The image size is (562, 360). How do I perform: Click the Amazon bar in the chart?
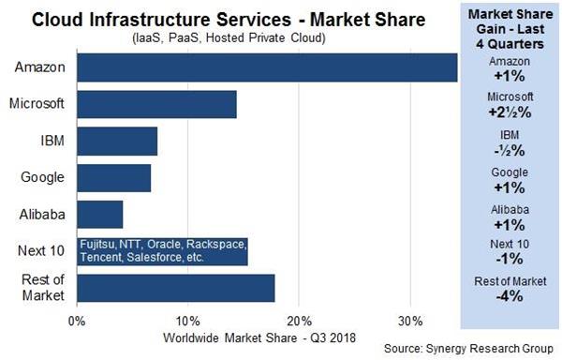(267, 67)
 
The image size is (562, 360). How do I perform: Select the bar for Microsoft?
(156, 104)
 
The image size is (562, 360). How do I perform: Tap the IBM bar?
(117, 141)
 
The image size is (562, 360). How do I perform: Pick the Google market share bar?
(113, 177)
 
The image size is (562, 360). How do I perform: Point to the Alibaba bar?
(99, 214)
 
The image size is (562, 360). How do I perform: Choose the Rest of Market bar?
(175, 288)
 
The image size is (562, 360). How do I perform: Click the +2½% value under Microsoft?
(510, 111)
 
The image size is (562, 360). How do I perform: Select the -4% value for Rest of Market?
(510, 297)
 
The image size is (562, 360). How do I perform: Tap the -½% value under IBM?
(510, 148)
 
